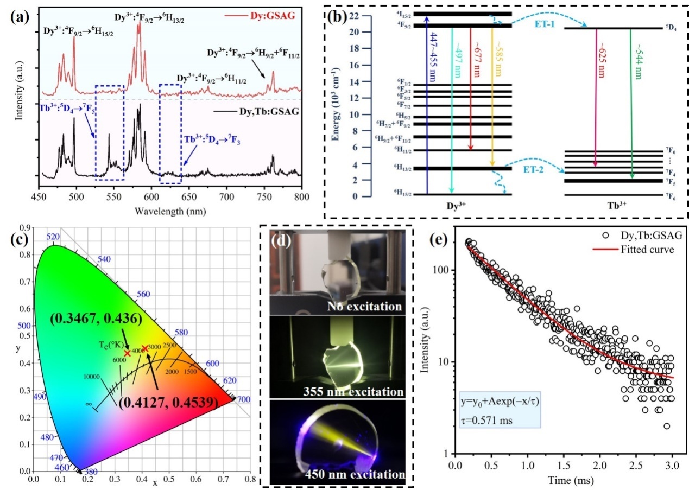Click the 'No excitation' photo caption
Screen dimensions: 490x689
click(x=364, y=307)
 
